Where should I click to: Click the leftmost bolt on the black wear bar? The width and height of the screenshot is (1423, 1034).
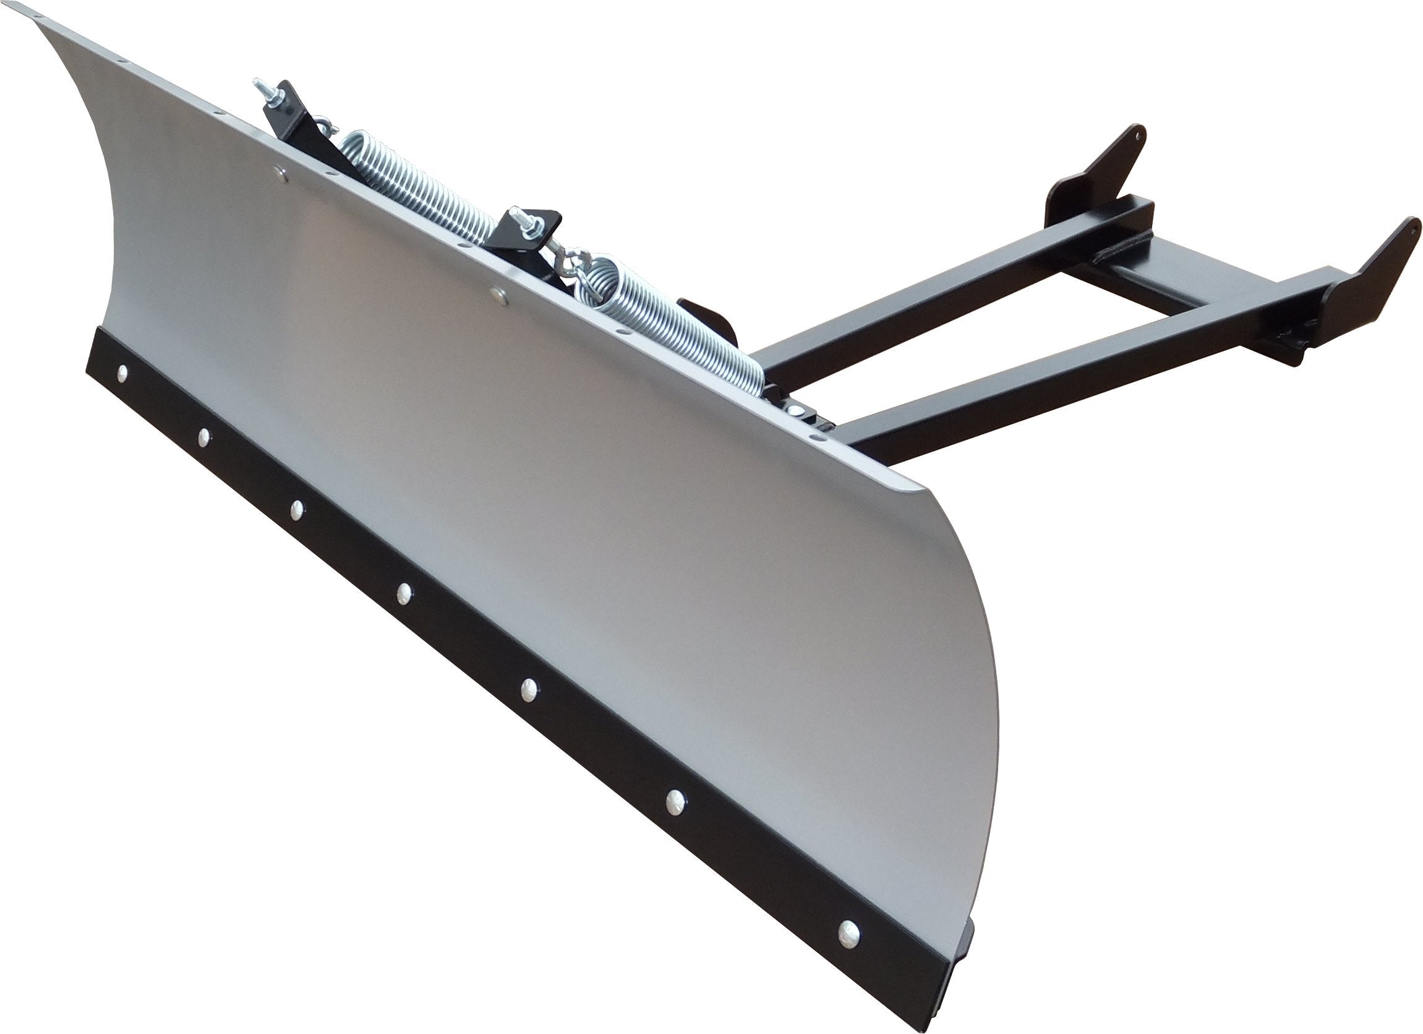tap(122, 374)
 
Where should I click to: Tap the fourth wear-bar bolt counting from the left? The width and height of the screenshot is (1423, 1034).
tap(404, 590)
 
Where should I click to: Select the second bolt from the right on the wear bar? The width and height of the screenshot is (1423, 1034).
tap(675, 798)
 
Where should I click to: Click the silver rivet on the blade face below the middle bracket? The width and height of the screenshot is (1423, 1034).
tap(498, 291)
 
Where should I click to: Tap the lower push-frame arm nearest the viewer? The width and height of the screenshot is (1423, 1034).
tap(1067, 389)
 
